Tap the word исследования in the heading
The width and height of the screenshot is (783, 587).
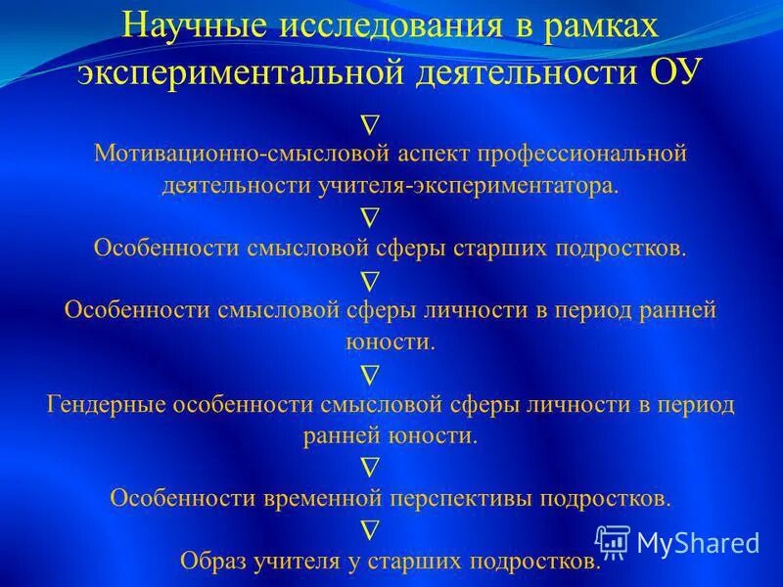tap(390, 26)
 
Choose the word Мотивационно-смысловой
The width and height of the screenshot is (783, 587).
tap(245, 155)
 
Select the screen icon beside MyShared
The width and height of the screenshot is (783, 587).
tap(613, 541)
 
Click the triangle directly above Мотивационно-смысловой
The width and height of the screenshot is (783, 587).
tap(370, 124)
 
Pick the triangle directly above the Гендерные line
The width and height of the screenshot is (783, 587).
tap(370, 374)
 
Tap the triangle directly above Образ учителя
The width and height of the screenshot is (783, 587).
tap(370, 529)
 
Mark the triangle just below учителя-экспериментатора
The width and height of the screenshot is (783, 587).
tap(370, 216)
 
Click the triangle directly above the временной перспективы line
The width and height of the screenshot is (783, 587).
tap(370, 467)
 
